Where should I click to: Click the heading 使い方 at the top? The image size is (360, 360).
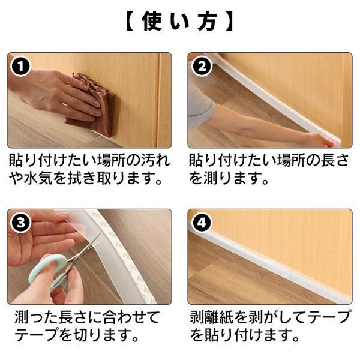[x=180, y=22]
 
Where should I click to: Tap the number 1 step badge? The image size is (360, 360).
[x=20, y=67]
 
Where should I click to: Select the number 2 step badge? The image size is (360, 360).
[x=202, y=67]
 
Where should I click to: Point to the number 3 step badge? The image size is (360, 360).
[x=20, y=223]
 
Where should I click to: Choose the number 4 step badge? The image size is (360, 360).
[x=202, y=223]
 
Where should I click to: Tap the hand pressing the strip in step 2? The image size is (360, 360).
[x=322, y=140]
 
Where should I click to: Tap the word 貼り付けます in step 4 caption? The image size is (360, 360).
[x=244, y=335]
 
